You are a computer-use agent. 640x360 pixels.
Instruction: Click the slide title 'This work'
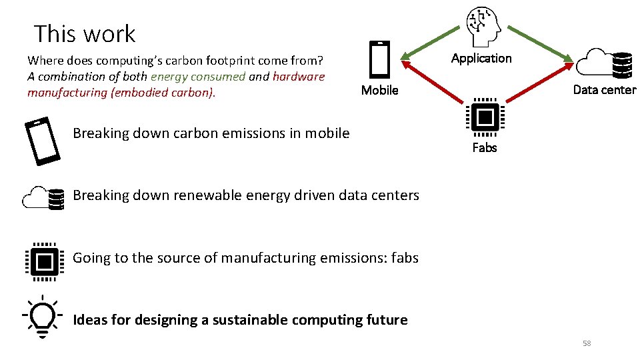84,33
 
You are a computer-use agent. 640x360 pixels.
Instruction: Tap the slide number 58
587,343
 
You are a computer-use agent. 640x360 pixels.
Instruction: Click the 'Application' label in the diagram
481,58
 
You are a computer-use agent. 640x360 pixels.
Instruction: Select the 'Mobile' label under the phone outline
379,90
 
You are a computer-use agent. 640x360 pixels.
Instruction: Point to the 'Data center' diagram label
604,90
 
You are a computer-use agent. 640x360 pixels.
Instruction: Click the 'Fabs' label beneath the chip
485,147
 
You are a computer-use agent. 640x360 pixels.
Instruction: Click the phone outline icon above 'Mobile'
379,60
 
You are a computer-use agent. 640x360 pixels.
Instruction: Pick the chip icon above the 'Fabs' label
485,118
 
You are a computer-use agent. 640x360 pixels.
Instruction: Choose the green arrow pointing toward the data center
537,43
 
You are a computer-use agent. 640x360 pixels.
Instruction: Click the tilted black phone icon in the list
41,141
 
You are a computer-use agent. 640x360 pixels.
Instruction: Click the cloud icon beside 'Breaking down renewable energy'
43,197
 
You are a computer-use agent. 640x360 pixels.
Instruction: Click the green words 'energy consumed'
198,77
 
